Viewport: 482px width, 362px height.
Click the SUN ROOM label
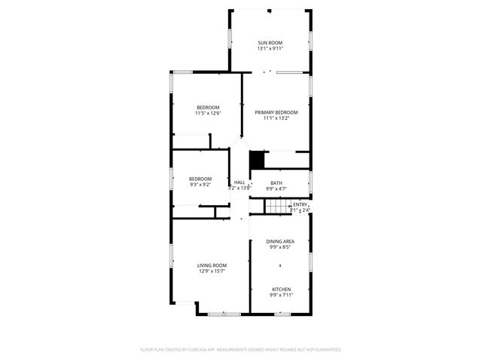270,42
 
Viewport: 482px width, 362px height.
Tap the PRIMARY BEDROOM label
276,112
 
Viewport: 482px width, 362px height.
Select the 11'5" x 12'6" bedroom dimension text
208,113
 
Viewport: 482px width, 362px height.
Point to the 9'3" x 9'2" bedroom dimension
200,184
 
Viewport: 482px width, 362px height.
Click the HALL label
239,182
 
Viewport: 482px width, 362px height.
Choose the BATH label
276,183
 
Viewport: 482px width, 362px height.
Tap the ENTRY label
300,204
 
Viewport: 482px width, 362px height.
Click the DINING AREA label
280,241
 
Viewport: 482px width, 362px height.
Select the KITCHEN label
281,289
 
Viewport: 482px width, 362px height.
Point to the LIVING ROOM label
212,265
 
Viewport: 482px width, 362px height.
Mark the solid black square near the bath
257,160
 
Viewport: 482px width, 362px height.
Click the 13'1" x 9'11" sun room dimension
270,48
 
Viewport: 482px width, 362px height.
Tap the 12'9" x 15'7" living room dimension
212,271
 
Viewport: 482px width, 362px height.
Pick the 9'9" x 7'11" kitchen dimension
281,295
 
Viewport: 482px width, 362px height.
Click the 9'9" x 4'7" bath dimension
276,189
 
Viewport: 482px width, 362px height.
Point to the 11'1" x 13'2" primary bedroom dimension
276,118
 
